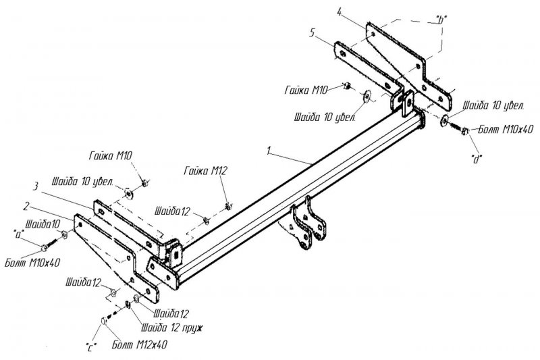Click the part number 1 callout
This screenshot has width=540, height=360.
(x=269, y=151)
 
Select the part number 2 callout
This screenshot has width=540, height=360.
(x=26, y=207)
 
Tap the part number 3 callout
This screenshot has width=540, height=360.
(x=35, y=186)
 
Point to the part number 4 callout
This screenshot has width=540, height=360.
(x=340, y=13)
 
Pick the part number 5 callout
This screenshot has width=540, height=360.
(x=312, y=33)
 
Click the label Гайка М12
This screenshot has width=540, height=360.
(x=206, y=170)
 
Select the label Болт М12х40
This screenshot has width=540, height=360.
(x=140, y=344)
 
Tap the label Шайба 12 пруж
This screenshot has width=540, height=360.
(x=172, y=328)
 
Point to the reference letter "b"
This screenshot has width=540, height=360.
(x=439, y=20)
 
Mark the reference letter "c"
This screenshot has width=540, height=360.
(x=90, y=348)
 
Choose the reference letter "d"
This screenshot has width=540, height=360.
(x=477, y=159)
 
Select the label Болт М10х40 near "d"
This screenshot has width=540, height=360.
(x=506, y=130)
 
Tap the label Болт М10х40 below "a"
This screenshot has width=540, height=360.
(x=32, y=263)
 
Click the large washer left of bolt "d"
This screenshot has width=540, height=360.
(x=444, y=120)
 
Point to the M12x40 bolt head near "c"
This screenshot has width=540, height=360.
(x=103, y=320)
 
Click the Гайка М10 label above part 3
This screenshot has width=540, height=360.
(x=110, y=156)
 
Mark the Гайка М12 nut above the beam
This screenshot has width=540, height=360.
(x=227, y=207)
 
